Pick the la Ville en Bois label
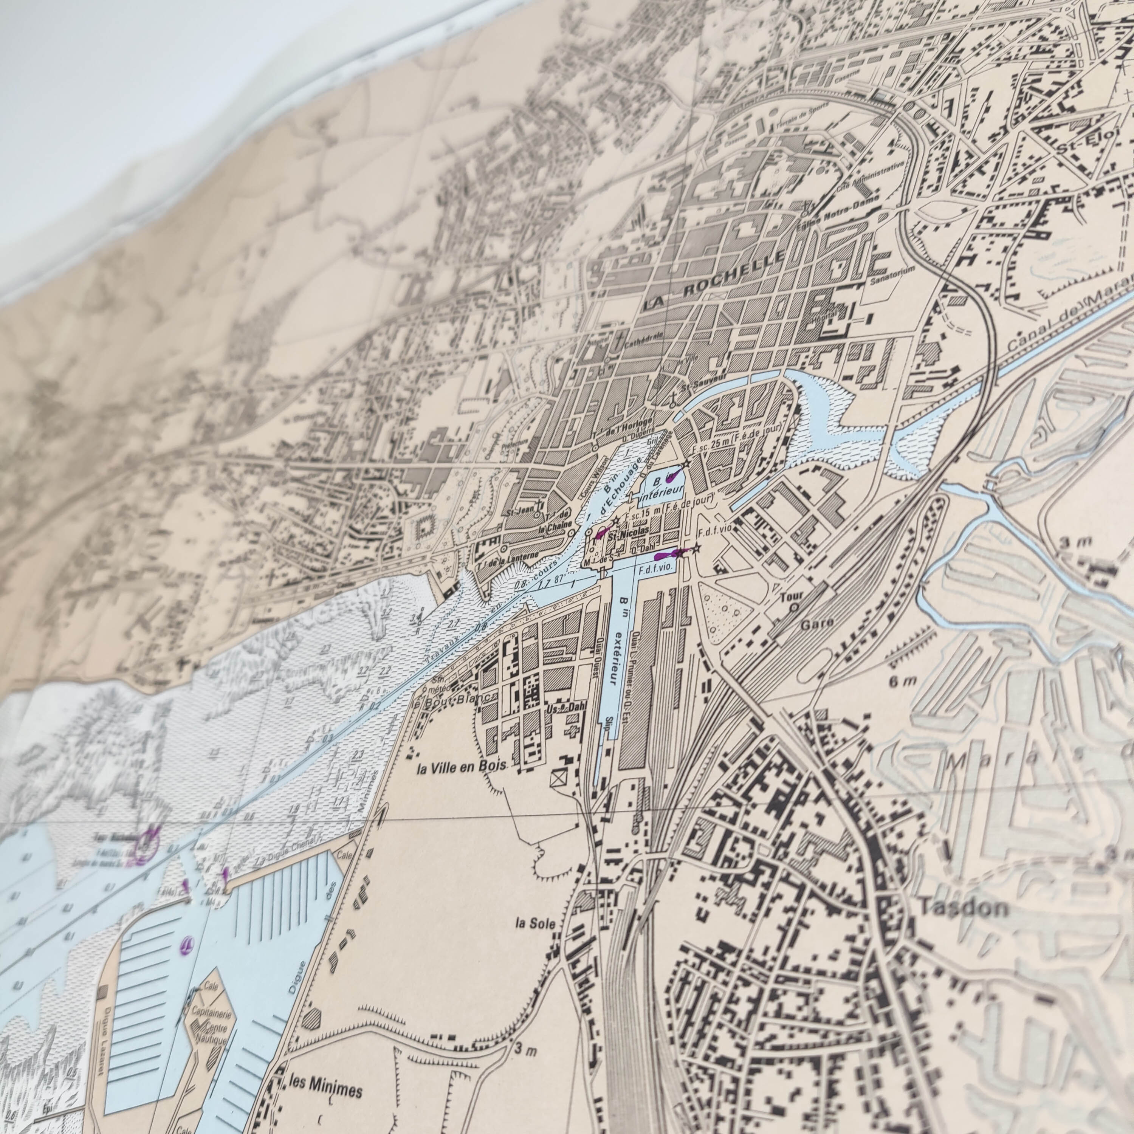[x=461, y=768]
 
